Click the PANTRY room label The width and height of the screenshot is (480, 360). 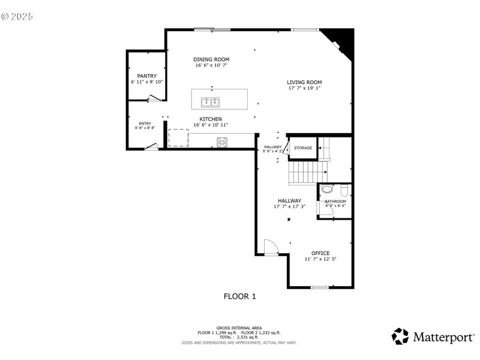pyautogui.click(x=147, y=76)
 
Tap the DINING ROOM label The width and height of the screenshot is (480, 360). pyautogui.click(x=211, y=59)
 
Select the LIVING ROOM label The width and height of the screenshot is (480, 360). pyautogui.click(x=304, y=82)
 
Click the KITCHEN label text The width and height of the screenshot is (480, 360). pyautogui.click(x=211, y=119)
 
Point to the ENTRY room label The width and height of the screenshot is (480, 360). pyautogui.click(x=145, y=124)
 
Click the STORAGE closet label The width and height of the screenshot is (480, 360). pyautogui.click(x=303, y=148)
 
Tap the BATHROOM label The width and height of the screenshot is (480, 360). pyautogui.click(x=335, y=201)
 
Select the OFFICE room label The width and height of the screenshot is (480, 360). pyautogui.click(x=320, y=253)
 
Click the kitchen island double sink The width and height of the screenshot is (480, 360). pyautogui.click(x=211, y=101)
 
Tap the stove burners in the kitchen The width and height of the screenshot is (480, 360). pyautogui.click(x=222, y=142)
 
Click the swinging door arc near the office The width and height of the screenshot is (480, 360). pyautogui.click(x=270, y=246)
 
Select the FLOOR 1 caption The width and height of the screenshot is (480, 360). pyautogui.click(x=240, y=296)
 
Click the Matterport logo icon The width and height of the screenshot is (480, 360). pyautogui.click(x=400, y=337)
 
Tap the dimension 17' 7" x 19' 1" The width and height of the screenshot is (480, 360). pyautogui.click(x=304, y=88)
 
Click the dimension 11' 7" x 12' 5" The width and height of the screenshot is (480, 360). pyautogui.click(x=320, y=259)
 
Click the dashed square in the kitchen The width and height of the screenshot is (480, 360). pyautogui.click(x=178, y=137)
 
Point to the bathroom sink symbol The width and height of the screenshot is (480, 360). pyautogui.click(x=327, y=189)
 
